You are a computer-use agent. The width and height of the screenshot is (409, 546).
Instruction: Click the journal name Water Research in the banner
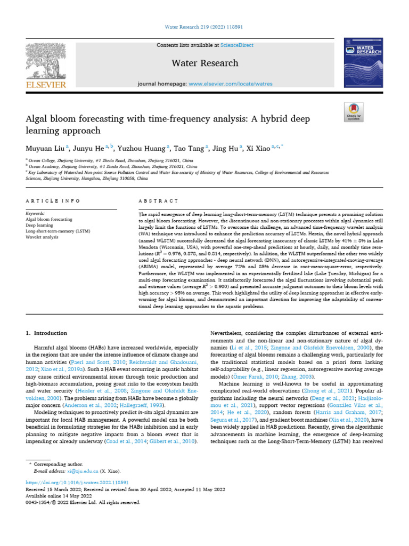pyautogui.click(x=204, y=63)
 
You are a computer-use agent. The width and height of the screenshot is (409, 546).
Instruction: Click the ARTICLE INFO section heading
pyautogui.click(x=53, y=201)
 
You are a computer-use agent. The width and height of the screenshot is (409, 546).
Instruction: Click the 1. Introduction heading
pyautogui.click(x=47, y=333)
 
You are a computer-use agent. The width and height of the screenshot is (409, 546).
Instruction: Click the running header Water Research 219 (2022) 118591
pyautogui.click(x=204, y=27)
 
